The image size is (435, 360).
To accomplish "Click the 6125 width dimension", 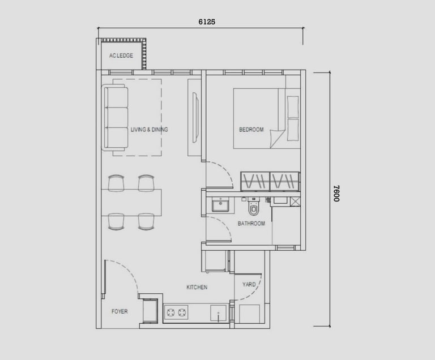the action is (x=207, y=22).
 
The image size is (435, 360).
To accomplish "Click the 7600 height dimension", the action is (x=336, y=194).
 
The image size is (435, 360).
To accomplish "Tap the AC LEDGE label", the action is (x=121, y=55).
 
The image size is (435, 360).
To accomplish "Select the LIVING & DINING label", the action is (x=150, y=130).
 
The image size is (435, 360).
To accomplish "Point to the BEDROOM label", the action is (x=251, y=130).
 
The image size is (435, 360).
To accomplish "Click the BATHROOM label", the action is (x=251, y=224).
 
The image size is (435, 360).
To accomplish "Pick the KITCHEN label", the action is (x=197, y=287).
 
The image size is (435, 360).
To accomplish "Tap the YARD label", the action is (x=249, y=285).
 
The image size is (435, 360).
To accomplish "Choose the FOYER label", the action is (x=120, y=311).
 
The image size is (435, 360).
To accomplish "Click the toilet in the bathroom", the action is (x=253, y=206).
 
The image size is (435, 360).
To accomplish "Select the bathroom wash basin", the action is (x=220, y=205).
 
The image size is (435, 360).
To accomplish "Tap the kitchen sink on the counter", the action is (x=218, y=314).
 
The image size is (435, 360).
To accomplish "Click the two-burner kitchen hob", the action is (x=176, y=313).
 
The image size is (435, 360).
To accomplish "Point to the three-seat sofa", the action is (x=115, y=118).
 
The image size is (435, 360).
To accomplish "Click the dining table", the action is (x=131, y=203).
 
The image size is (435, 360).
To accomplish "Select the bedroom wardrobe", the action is (x=270, y=181).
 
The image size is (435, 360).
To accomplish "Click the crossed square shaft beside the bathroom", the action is (x=295, y=202).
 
